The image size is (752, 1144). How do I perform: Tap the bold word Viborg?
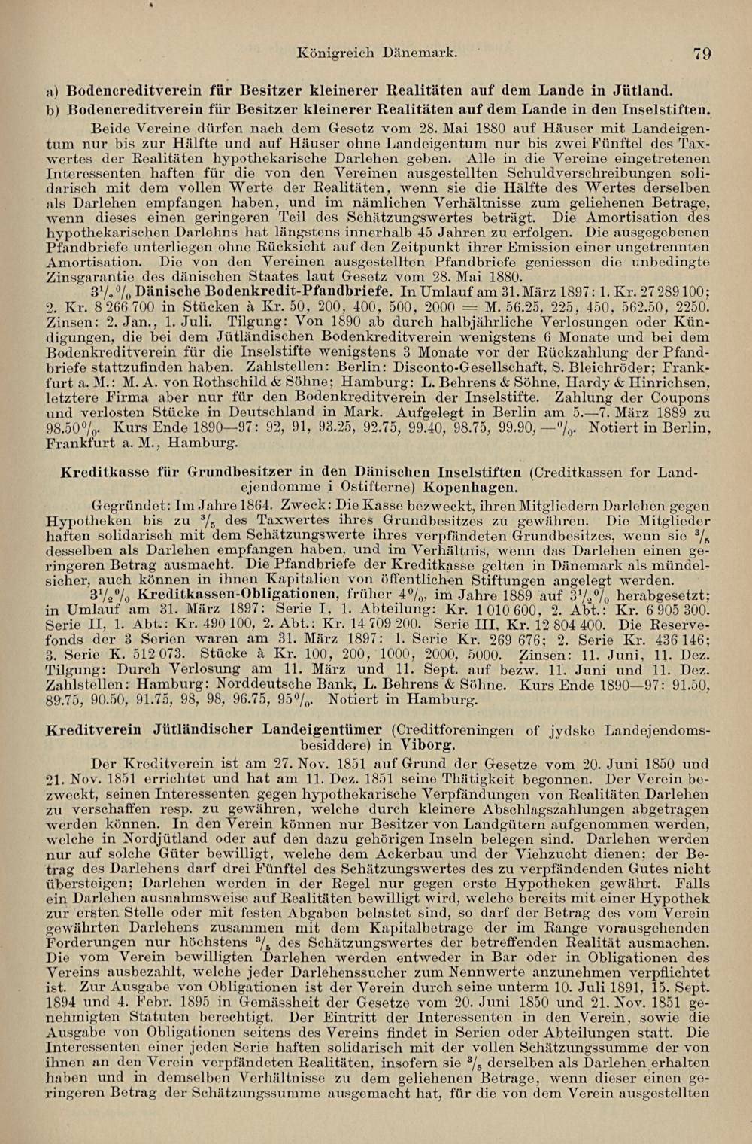coord(427,745)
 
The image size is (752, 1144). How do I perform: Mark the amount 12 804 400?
coord(562,625)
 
